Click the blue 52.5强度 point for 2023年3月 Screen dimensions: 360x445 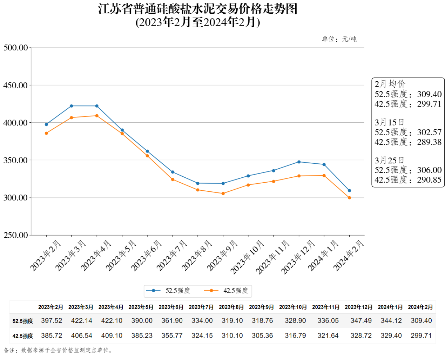click(72, 106)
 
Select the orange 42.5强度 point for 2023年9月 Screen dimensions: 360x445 click(223, 193)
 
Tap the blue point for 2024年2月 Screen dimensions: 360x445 click(349, 191)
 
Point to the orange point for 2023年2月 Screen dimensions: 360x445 click(46, 133)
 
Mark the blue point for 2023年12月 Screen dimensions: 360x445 click(299, 162)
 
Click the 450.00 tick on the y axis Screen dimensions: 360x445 click(16, 85)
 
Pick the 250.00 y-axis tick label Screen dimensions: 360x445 click(16, 235)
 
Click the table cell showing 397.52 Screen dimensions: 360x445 click(52, 321)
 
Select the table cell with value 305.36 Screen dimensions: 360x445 click(262, 336)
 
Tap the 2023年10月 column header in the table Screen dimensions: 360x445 click(293, 307)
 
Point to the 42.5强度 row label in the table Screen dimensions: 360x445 click(23, 336)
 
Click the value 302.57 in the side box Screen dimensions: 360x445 click(429, 132)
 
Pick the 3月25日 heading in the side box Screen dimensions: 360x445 click(389, 161)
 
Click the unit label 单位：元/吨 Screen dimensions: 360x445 click(339, 39)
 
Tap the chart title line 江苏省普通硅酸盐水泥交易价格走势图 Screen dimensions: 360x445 click(198, 9)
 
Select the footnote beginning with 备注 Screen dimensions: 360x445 click(58, 350)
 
